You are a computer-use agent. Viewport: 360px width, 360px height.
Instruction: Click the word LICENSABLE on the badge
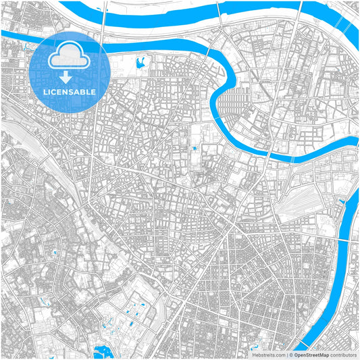[70, 91]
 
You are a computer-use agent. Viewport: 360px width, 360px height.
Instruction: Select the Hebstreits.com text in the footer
[269, 355]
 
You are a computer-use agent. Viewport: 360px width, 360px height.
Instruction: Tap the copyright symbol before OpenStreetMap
[292, 355]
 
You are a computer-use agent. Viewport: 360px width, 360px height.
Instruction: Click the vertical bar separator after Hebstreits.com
[287, 355]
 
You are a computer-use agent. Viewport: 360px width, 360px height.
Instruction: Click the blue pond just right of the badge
[140, 65]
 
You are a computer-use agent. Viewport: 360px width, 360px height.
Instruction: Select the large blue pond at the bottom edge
[103, 352]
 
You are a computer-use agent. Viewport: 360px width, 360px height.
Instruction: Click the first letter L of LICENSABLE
[45, 91]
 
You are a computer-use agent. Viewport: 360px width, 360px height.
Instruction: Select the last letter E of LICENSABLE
[94, 91]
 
